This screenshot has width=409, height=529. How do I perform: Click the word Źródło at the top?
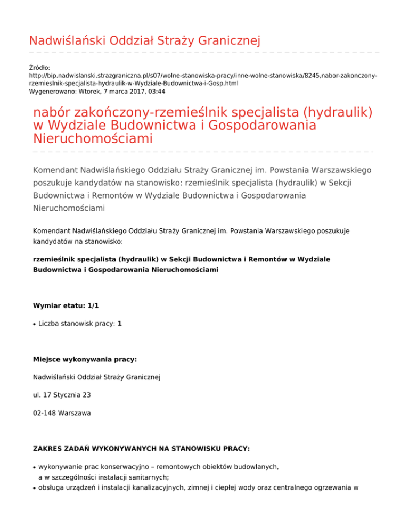pos(39,68)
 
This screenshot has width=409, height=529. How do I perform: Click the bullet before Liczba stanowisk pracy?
pos(35,324)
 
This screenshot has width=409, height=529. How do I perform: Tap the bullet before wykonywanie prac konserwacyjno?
pos(35,466)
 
